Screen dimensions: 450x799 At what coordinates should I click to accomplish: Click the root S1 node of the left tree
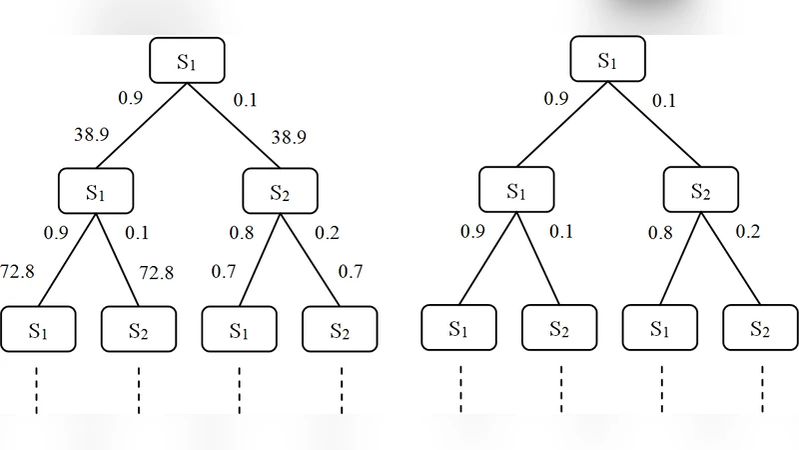(x=187, y=61)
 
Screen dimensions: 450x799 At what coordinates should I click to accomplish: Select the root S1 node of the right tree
(x=607, y=61)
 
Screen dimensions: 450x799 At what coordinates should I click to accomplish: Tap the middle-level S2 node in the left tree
(x=281, y=191)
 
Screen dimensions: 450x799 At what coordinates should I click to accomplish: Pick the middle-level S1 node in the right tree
(x=515, y=191)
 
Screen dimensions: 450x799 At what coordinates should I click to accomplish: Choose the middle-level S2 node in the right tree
(x=701, y=191)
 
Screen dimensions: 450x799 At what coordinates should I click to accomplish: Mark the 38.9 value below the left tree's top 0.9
(x=91, y=134)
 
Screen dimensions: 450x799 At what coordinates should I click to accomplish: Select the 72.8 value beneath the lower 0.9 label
(x=17, y=272)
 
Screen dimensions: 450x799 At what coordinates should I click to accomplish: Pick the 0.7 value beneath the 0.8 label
(x=225, y=272)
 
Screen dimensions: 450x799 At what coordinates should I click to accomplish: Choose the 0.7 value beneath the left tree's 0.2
(x=350, y=272)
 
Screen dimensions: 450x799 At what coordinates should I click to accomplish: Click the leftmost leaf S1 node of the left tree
(x=38, y=329)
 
